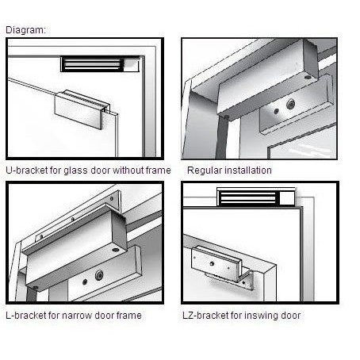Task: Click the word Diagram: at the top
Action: point(25,30)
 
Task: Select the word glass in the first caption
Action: point(75,170)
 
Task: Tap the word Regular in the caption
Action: point(203,170)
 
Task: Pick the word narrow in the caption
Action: point(78,316)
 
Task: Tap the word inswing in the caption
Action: point(260,316)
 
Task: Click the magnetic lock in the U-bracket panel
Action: point(100,64)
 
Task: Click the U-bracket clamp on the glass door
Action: point(82,109)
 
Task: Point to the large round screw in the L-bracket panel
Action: point(99,275)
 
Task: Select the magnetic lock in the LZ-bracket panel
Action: point(256,197)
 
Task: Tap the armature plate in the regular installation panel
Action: point(296,105)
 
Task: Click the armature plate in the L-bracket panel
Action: point(105,276)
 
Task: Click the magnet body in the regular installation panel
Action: point(267,77)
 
